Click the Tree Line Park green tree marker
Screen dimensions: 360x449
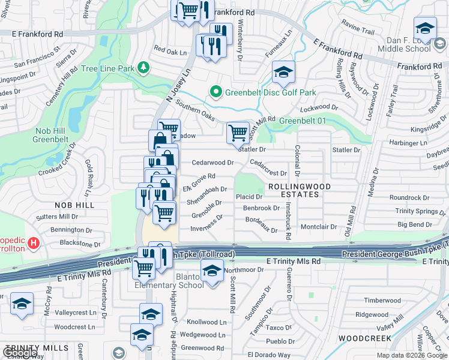coord(143,68)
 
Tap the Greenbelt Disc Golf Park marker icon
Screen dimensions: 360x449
coord(216,92)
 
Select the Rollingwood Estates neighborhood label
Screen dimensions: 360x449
coord(299,190)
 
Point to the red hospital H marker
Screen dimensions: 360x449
coord(34,244)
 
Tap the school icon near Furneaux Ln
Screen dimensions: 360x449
coord(283,74)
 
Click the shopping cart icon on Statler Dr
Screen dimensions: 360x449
coord(238,132)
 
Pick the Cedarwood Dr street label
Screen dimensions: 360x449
coord(212,163)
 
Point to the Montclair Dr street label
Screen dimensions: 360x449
coord(319,227)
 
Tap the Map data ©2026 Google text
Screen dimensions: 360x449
coord(412,355)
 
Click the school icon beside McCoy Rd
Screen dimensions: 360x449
coord(22,304)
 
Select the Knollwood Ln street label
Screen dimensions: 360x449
coord(206,322)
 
